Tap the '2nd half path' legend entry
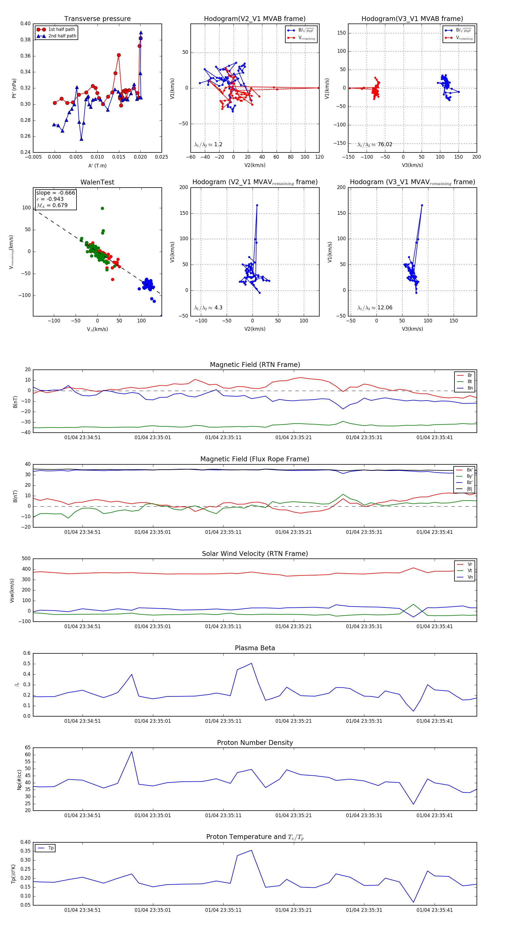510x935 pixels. pyautogui.click(x=62, y=36)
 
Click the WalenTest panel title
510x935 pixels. pyautogui.click(x=97, y=182)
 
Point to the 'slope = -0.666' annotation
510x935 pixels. pyautogui.click(x=56, y=193)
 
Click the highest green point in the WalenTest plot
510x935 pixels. pyautogui.click(x=102, y=208)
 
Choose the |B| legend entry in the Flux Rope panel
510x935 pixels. pyautogui.click(x=469, y=489)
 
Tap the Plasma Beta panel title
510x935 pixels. pyautogui.click(x=255, y=648)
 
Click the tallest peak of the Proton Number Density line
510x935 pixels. pyautogui.click(x=132, y=752)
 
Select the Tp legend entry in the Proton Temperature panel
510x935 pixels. pyautogui.click(x=51, y=848)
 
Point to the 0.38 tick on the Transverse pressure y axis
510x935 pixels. pyautogui.click(x=25, y=40)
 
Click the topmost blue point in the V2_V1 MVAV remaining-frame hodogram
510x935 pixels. pyautogui.click(x=257, y=205)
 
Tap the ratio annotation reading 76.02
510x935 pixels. pyautogui.click(x=385, y=144)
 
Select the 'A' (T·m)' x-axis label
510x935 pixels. pyautogui.click(x=97, y=165)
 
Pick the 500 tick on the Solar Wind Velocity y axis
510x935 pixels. pyautogui.click(x=26, y=559)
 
